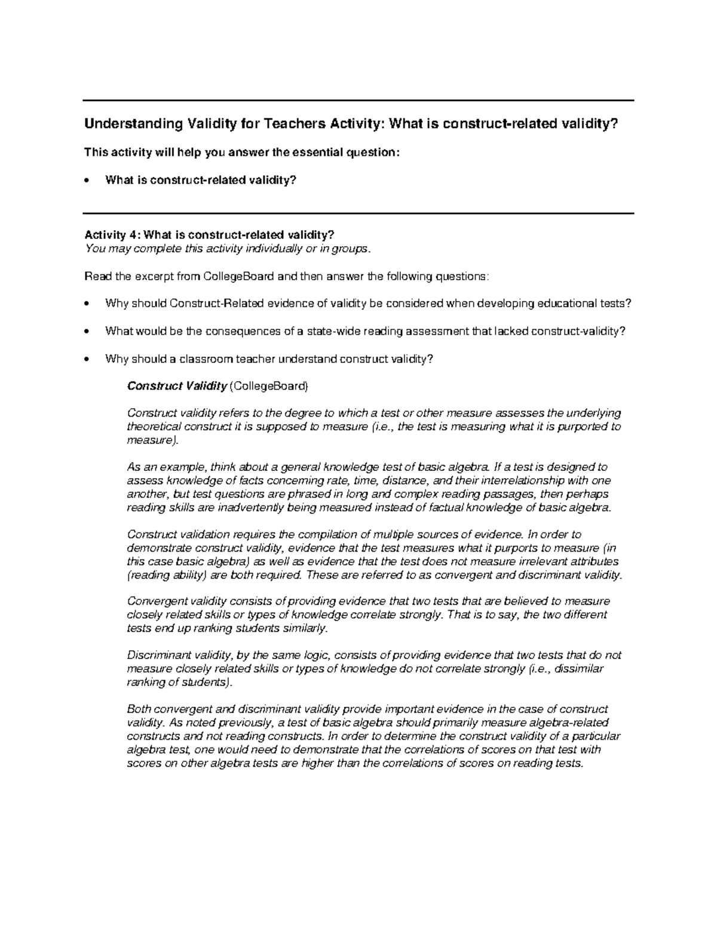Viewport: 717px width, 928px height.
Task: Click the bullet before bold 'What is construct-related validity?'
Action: pos(88,180)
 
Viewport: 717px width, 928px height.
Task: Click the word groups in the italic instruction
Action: pos(344,249)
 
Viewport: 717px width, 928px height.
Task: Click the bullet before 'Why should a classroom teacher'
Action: pos(88,359)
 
